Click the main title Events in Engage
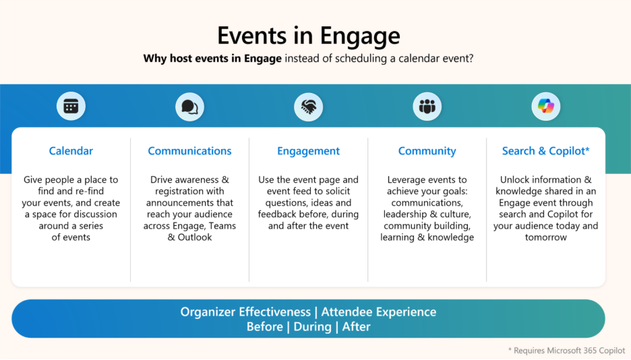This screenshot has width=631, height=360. pyautogui.click(x=309, y=36)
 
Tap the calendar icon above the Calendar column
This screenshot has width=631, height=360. pyautogui.click(x=71, y=107)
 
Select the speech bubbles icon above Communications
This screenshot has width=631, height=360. pyautogui.click(x=189, y=107)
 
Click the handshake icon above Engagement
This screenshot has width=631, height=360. pyautogui.click(x=309, y=107)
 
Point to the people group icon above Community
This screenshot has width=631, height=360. pyautogui.click(x=427, y=107)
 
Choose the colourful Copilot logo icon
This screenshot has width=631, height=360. pyautogui.click(x=545, y=107)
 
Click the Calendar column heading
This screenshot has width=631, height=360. pyautogui.click(x=71, y=151)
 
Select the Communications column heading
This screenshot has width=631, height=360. pyautogui.click(x=189, y=151)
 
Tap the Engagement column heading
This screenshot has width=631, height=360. pyautogui.click(x=308, y=151)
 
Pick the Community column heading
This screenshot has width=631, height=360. pyautogui.click(x=427, y=151)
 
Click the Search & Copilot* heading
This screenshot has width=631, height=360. pyautogui.click(x=545, y=151)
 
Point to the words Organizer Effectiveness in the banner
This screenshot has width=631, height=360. pyautogui.click(x=245, y=311)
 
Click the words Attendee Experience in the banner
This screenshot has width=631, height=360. pyautogui.click(x=379, y=311)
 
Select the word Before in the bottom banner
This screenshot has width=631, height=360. pyautogui.click(x=265, y=326)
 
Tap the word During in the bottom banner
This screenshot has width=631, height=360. pyautogui.click(x=313, y=327)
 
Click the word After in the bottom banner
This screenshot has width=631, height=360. pyautogui.click(x=356, y=326)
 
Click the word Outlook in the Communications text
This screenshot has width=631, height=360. pyautogui.click(x=195, y=237)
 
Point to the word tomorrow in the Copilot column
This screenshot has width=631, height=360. pyautogui.click(x=545, y=237)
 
